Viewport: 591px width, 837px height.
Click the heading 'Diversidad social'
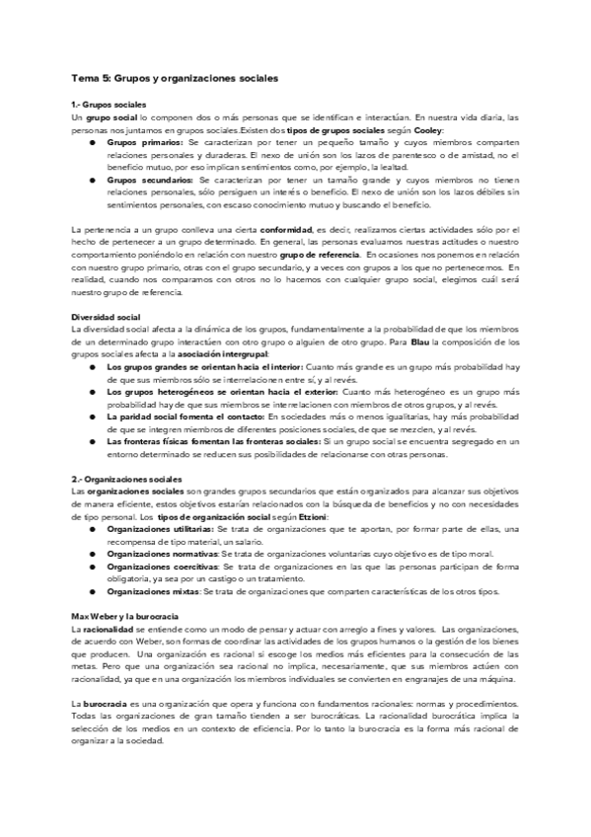106,317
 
